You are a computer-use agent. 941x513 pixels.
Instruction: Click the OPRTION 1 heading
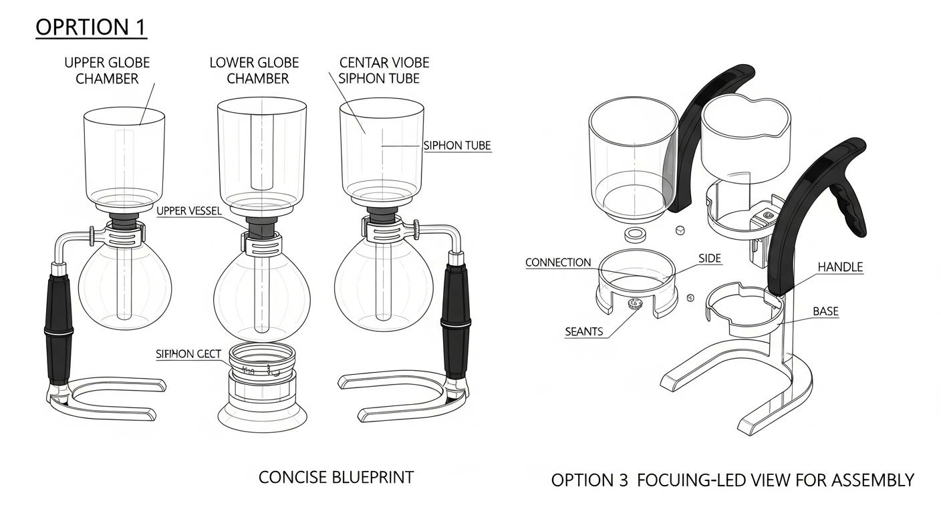[x=91, y=27]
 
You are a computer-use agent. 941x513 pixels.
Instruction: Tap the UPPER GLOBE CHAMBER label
[x=107, y=71]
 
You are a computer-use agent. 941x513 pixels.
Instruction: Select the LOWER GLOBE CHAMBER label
[x=255, y=71]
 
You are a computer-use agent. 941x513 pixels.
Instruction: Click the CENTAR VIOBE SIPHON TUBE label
[x=384, y=71]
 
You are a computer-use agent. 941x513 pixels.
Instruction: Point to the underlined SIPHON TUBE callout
[x=457, y=146]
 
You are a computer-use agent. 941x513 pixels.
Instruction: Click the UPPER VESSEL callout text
[x=188, y=210]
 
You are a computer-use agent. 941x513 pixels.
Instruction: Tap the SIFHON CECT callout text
[x=188, y=354]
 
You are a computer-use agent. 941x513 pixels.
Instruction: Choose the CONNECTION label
[x=558, y=263]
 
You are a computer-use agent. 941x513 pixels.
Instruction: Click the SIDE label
[x=710, y=259]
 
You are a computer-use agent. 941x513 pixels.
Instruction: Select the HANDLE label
[x=840, y=267]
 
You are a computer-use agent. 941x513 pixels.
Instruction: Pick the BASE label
[x=825, y=311]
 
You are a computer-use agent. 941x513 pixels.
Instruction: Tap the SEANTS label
[x=584, y=331]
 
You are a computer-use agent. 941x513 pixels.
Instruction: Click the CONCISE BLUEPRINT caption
[x=336, y=478]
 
